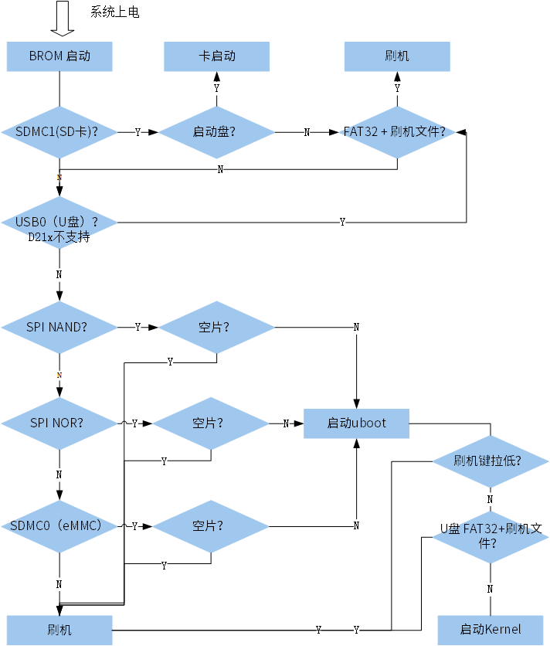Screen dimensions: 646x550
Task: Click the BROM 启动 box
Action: (59, 56)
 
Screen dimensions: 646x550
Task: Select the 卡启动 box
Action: (216, 56)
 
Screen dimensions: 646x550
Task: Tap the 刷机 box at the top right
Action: (397, 56)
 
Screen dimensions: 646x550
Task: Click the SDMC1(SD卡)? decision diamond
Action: (59, 132)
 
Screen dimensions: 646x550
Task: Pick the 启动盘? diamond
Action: (216, 132)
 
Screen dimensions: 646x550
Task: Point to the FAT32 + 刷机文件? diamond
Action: (397, 132)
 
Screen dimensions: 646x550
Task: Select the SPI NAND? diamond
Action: (59, 327)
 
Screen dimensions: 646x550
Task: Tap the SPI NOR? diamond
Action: (59, 423)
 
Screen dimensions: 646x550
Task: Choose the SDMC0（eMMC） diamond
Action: (59, 526)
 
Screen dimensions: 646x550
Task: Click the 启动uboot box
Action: (356, 423)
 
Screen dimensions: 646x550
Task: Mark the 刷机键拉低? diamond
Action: (490, 461)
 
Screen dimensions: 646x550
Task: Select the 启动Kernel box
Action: (490, 629)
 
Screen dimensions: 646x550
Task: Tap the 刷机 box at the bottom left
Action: (59, 630)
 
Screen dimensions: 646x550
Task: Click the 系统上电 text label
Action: (115, 12)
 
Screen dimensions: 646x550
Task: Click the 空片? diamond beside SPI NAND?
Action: (216, 327)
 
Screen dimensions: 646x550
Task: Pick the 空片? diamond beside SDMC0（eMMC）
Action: (211, 526)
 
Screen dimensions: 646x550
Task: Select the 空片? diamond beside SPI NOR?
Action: (211, 423)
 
